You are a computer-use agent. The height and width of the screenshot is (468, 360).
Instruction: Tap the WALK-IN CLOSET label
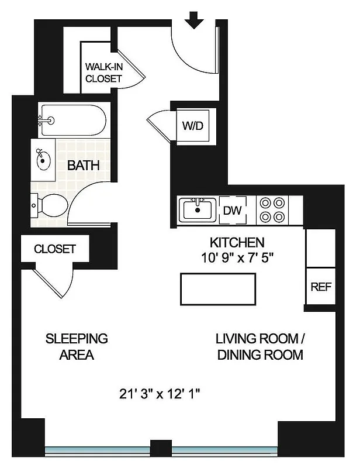pos(103,72)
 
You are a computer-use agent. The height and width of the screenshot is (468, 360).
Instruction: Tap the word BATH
pos(83,165)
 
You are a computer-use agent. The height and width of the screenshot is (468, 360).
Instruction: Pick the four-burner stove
pos(272,209)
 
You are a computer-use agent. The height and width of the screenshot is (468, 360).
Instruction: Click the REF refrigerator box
pos(320,287)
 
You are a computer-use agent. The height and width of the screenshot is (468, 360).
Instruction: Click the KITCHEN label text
pos(237,242)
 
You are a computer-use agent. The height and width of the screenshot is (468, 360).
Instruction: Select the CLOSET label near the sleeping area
pos(54,249)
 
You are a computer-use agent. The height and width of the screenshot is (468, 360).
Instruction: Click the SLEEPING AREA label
pos(77,346)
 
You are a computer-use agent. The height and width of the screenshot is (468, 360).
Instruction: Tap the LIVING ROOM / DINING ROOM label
pos(259,346)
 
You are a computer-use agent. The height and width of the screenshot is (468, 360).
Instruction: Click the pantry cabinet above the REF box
pos(320,247)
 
